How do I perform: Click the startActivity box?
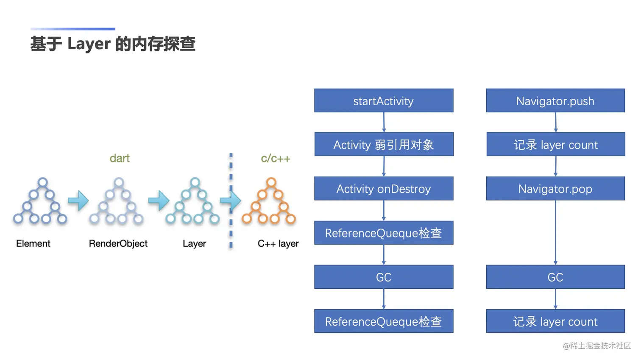pyautogui.click(x=384, y=100)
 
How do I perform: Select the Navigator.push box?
pyautogui.click(x=555, y=100)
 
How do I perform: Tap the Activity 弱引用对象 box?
pyautogui.click(x=384, y=144)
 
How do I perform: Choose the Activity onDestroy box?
pyautogui.click(x=384, y=188)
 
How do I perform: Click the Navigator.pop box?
pyautogui.click(x=555, y=188)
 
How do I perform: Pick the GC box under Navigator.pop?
pyautogui.click(x=555, y=277)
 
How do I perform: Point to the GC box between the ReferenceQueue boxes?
pyautogui.click(x=384, y=277)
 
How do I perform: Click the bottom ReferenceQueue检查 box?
pyautogui.click(x=384, y=321)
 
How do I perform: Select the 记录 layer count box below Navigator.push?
pyautogui.click(x=556, y=144)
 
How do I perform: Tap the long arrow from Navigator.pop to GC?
pyautogui.click(x=555, y=232)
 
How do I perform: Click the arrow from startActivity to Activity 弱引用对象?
pyautogui.click(x=384, y=122)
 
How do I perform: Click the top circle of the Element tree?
pyautogui.click(x=43, y=182)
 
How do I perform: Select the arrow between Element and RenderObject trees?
pyautogui.click(x=78, y=201)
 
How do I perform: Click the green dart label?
pyautogui.click(x=120, y=158)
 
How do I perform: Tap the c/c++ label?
pyautogui.click(x=276, y=158)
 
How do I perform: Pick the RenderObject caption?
pyautogui.click(x=118, y=243)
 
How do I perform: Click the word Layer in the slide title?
pyautogui.click(x=89, y=44)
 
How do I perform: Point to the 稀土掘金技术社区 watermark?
pyautogui.click(x=597, y=346)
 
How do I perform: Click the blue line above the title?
pyautogui.click(x=73, y=29)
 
